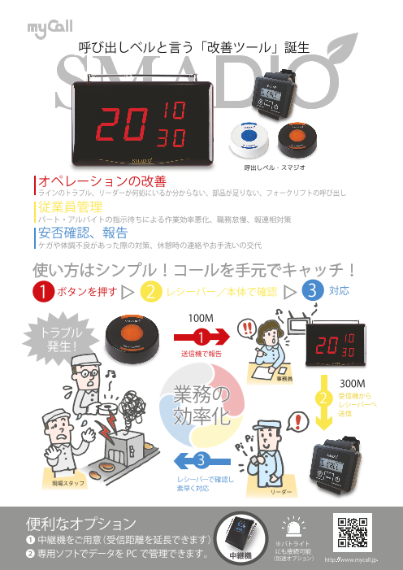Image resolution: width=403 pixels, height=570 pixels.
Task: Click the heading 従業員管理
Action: (70, 208)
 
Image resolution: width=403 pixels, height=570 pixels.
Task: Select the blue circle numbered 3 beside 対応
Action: (310, 291)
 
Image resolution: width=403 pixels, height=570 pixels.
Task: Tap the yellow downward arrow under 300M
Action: (323, 411)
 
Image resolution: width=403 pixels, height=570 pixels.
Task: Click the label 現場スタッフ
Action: (71, 483)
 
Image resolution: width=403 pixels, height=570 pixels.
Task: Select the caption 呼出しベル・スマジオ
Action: (273, 166)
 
